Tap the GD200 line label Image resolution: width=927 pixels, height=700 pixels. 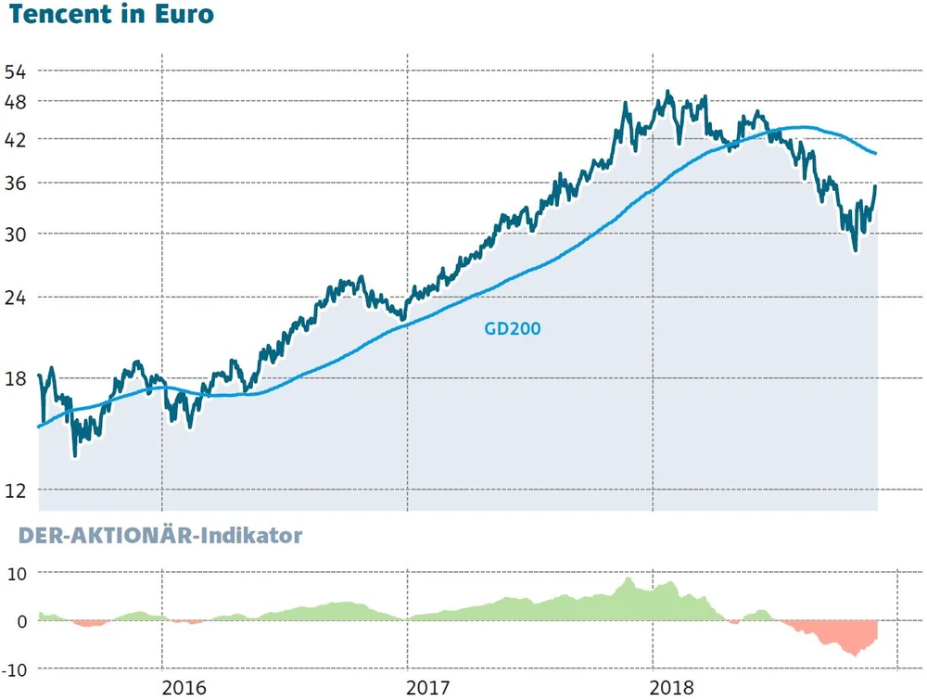pyautogui.click(x=513, y=327)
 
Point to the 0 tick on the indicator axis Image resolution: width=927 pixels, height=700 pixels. pyautogui.click(x=23, y=620)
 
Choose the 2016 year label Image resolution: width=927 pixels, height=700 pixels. pyautogui.click(x=184, y=688)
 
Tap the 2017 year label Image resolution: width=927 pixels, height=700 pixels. pyautogui.click(x=428, y=688)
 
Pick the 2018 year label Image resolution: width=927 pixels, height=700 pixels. pyautogui.click(x=673, y=688)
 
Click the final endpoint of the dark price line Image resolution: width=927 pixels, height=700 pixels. pyautogui.click(x=876, y=186)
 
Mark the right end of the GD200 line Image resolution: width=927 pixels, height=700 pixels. pyautogui.click(x=877, y=154)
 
